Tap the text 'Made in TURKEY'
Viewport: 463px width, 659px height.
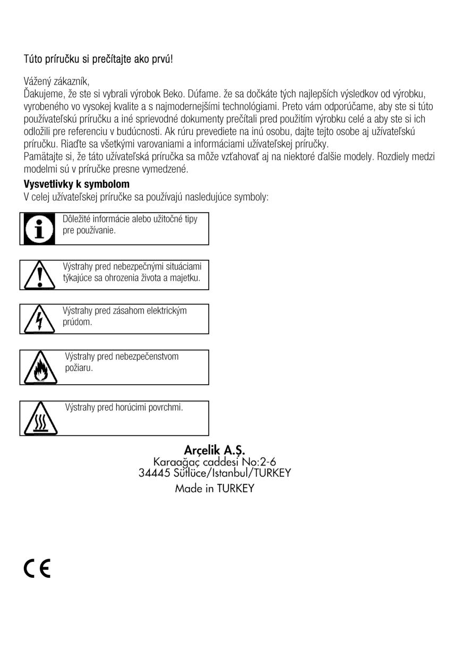(215, 488)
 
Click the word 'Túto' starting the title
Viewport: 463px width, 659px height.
(35, 59)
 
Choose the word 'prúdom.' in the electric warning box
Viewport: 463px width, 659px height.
(78, 322)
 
